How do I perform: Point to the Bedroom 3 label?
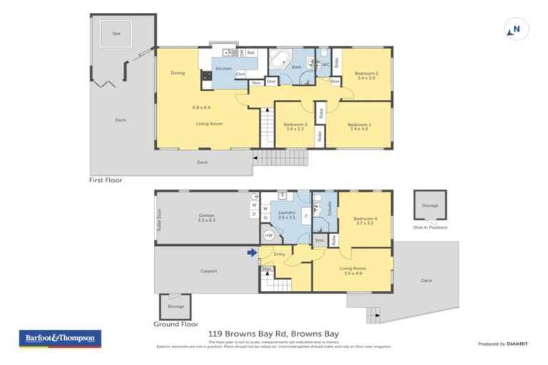click(x=295, y=125)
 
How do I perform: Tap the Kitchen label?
click(x=223, y=68)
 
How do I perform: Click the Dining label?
click(x=178, y=73)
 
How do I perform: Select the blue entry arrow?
click(x=251, y=252)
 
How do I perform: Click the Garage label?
click(x=206, y=217)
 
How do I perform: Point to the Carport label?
click(x=208, y=271)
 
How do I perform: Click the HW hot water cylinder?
click(x=269, y=235)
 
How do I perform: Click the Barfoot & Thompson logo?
click(x=60, y=339)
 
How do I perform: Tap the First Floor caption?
click(x=106, y=180)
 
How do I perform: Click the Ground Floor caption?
click(x=176, y=324)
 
